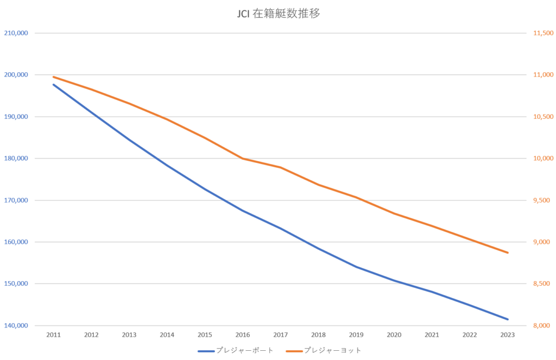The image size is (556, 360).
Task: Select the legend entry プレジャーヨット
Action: click(x=332, y=351)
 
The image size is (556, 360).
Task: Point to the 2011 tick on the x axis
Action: click(x=53, y=336)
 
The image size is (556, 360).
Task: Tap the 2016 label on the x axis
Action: click(x=243, y=336)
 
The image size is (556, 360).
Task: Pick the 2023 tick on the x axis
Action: click(x=508, y=336)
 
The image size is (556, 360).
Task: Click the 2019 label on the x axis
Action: click(x=356, y=336)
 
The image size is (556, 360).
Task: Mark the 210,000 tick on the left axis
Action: click(x=16, y=33)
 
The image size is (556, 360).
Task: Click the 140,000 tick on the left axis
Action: click(x=16, y=326)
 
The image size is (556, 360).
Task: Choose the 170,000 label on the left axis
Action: click(x=16, y=200)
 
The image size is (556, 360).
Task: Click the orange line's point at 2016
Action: click(x=243, y=159)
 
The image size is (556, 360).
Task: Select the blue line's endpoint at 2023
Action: click(x=508, y=319)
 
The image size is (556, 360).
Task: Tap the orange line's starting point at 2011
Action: click(x=53, y=77)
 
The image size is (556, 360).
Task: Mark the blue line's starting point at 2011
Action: click(x=53, y=84)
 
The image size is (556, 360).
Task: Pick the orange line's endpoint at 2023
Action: click(x=508, y=252)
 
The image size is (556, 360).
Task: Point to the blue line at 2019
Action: click(x=356, y=267)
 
